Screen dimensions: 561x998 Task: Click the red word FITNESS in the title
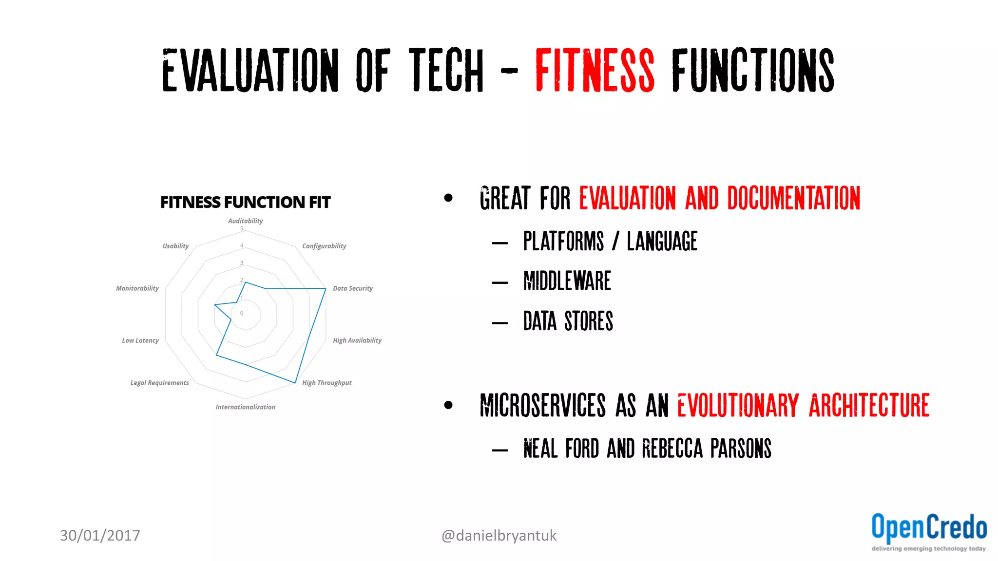[x=595, y=71]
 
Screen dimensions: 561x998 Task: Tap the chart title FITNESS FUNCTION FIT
[x=245, y=202]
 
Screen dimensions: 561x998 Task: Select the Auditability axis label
[x=245, y=221]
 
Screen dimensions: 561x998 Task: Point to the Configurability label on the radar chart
[x=324, y=246]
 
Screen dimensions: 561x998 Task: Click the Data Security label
[x=353, y=288]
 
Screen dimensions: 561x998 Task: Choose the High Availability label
[x=357, y=340]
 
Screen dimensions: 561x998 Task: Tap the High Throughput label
[x=326, y=383]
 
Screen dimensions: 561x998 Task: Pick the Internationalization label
[x=245, y=407]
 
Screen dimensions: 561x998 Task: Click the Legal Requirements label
[x=159, y=383]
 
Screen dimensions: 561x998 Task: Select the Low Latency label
[x=140, y=340]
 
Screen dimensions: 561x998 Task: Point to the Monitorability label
[x=137, y=288]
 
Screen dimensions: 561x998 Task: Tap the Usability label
[x=175, y=246]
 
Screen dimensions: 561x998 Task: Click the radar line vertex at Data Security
[x=326, y=289]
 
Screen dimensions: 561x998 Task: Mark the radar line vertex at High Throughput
[x=295, y=383]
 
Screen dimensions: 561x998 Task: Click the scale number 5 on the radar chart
[x=242, y=228]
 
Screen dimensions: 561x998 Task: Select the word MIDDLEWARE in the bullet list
[x=567, y=281]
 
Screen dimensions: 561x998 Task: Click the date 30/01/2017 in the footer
[x=100, y=535]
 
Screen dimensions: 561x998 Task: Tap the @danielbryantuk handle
[x=499, y=536]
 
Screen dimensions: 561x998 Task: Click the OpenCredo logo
[x=929, y=531]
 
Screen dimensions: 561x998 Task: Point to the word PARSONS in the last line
[x=741, y=449]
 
